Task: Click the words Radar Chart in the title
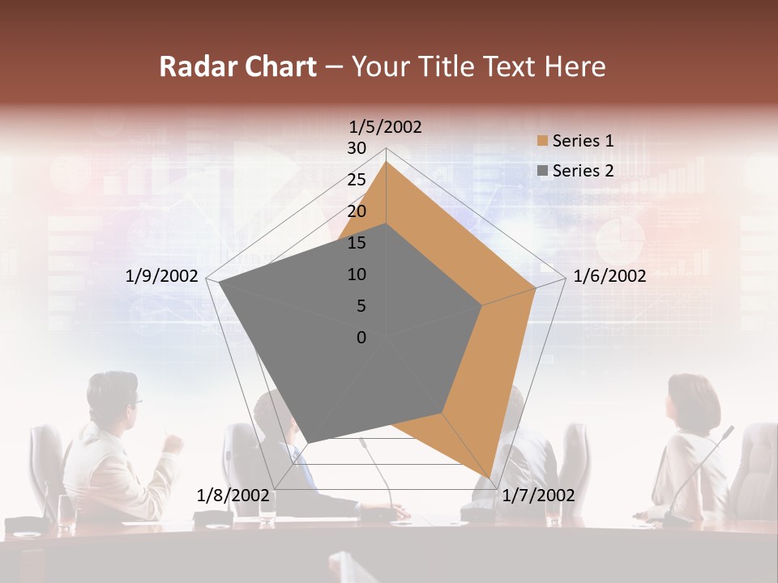tap(237, 67)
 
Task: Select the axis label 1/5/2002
tap(386, 126)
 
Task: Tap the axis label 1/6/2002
tap(609, 276)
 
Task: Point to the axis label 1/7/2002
tap(538, 496)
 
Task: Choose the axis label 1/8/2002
tap(233, 496)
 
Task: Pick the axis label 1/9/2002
tap(162, 276)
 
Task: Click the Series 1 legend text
tap(583, 141)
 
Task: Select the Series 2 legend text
tap(583, 171)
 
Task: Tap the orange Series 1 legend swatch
tap(542, 141)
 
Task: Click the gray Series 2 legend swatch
tap(542, 171)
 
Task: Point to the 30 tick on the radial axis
tap(357, 148)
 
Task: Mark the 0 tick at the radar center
tap(361, 338)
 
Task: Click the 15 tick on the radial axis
tap(357, 243)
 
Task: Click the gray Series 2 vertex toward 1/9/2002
tap(219, 283)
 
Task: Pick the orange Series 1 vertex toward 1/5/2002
tap(386, 162)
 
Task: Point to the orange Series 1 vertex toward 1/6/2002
tap(536, 287)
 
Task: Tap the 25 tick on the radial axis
tap(357, 180)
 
